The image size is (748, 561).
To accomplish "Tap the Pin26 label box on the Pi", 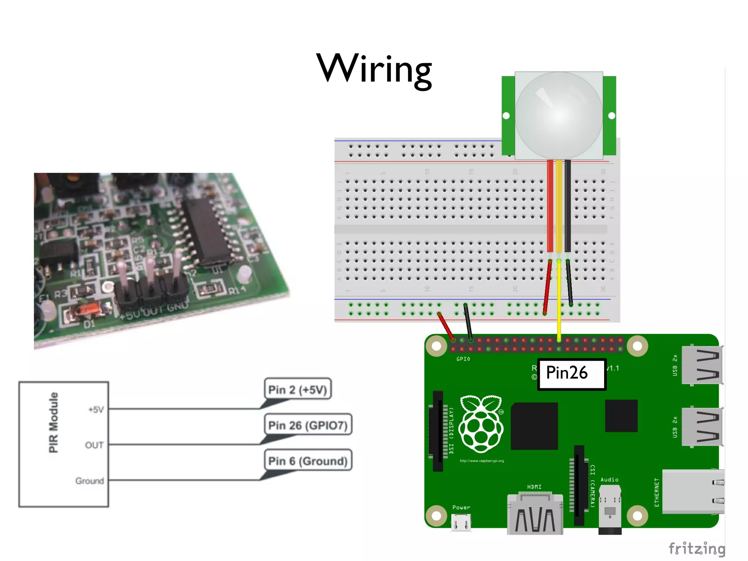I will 571,374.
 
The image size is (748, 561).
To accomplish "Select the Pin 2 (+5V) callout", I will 297,389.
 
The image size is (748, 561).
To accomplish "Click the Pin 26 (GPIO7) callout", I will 308,425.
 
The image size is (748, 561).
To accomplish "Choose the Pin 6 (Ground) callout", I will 308,461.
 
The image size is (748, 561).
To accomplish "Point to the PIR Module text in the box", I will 53,422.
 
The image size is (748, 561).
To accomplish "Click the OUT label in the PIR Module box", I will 94,445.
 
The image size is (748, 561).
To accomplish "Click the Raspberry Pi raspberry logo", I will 481,424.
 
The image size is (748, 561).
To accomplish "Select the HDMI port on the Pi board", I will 535,513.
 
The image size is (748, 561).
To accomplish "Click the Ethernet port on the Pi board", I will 692,492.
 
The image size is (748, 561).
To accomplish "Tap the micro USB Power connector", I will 461,522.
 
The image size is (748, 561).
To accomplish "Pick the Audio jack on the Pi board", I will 610,510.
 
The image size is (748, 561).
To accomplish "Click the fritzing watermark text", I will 697,549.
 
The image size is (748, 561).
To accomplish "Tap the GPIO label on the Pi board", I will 463,359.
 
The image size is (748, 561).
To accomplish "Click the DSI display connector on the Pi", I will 438,431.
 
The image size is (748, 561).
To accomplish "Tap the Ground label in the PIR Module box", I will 89,481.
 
